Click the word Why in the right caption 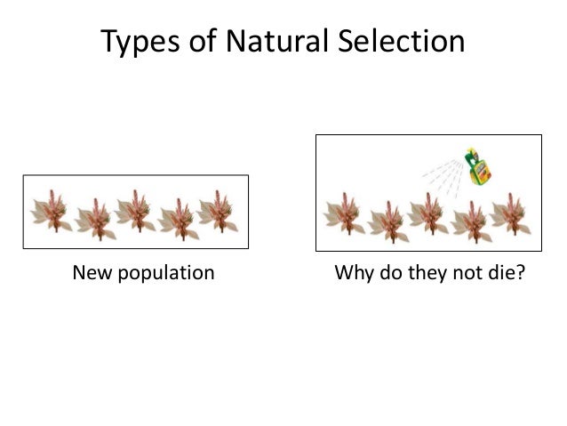tap(352, 272)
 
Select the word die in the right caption tap(506, 272)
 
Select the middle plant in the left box tap(135, 212)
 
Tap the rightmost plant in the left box tap(218, 212)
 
